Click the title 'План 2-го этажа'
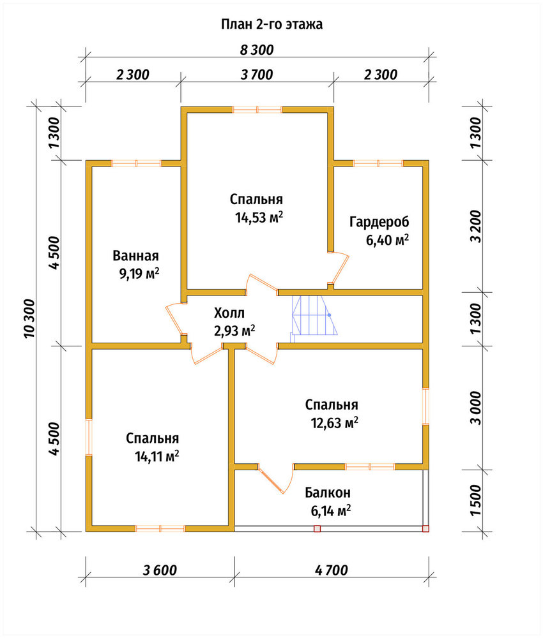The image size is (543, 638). (x=271, y=24)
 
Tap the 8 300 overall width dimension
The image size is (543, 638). (x=257, y=50)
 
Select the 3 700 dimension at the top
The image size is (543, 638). (x=257, y=75)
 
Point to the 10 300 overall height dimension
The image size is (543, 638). (x=30, y=318)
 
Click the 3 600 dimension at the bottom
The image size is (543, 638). (x=160, y=570)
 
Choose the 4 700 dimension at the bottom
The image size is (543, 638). (x=331, y=570)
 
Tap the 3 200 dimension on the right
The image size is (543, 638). (x=475, y=226)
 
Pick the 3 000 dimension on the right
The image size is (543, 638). (x=475, y=408)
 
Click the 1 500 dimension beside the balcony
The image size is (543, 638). (x=475, y=500)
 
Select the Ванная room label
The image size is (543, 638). (x=135, y=256)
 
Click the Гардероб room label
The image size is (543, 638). (x=379, y=222)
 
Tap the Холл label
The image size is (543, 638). (x=229, y=313)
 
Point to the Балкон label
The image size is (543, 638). (x=328, y=493)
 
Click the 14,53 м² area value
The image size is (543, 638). (x=259, y=218)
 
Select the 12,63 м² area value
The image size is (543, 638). (x=335, y=423)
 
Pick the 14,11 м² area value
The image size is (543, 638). (x=157, y=457)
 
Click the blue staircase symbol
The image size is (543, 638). (x=314, y=316)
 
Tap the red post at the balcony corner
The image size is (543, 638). (x=425, y=528)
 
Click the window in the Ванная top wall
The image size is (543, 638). (x=137, y=163)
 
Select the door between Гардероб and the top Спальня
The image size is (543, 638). (x=339, y=268)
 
